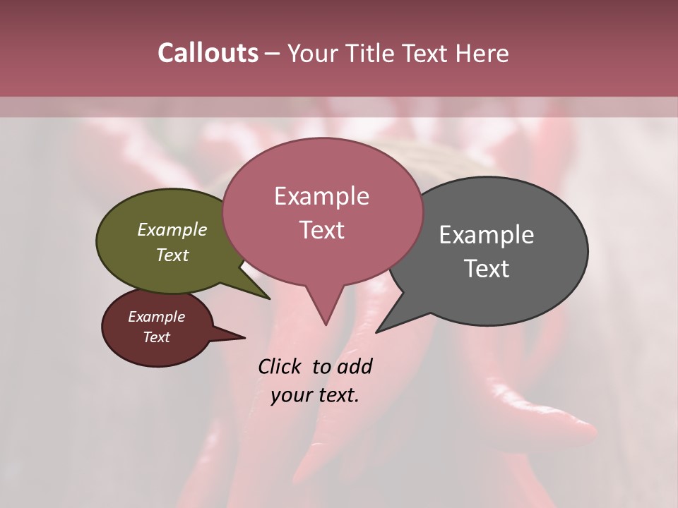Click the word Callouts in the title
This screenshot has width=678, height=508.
point(208,53)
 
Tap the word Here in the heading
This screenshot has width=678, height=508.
point(482,53)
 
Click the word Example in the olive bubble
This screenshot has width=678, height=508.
point(172,229)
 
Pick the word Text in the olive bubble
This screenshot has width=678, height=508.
point(172,255)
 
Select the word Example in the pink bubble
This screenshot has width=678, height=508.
point(321,196)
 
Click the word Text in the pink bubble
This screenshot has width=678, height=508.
point(321,230)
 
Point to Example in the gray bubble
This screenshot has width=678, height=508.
point(487,235)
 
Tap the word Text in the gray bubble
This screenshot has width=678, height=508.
point(487,269)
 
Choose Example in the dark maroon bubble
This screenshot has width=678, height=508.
point(157,317)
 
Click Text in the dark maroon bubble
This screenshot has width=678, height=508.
point(157,337)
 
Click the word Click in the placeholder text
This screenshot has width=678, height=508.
point(280,366)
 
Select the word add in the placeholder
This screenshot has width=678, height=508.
point(355,366)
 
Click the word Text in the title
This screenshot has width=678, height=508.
point(427,53)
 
